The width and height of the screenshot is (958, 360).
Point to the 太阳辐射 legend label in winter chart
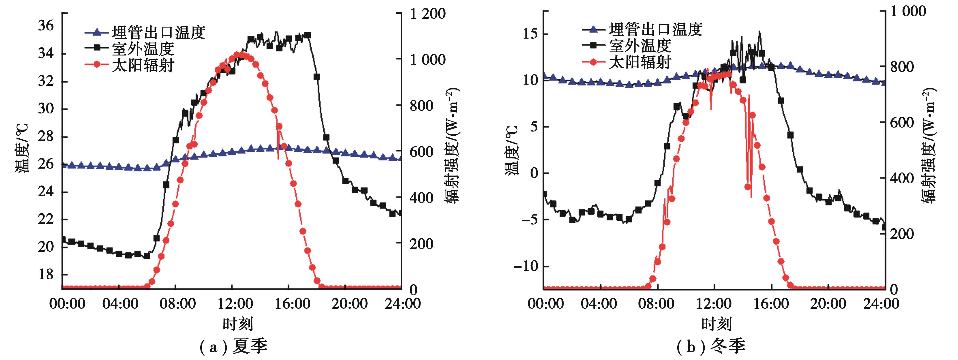pyautogui.click(x=640, y=62)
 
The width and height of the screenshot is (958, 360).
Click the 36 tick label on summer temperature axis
pyautogui.click(x=46, y=26)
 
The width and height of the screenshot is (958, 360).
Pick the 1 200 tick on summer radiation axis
pyautogui.click(x=428, y=14)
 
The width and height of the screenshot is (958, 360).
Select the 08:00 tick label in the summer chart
pyautogui.click(x=177, y=304)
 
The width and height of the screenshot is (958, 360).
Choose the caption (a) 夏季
pyautogui.click(x=233, y=347)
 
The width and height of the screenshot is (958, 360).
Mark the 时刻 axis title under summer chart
pyautogui.click(x=238, y=324)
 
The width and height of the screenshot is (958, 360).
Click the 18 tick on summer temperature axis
pyautogui.click(x=46, y=274)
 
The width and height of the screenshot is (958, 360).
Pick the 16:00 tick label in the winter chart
pyautogui.click(x=770, y=304)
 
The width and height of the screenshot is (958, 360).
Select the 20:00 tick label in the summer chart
pyautogui.click(x=349, y=304)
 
